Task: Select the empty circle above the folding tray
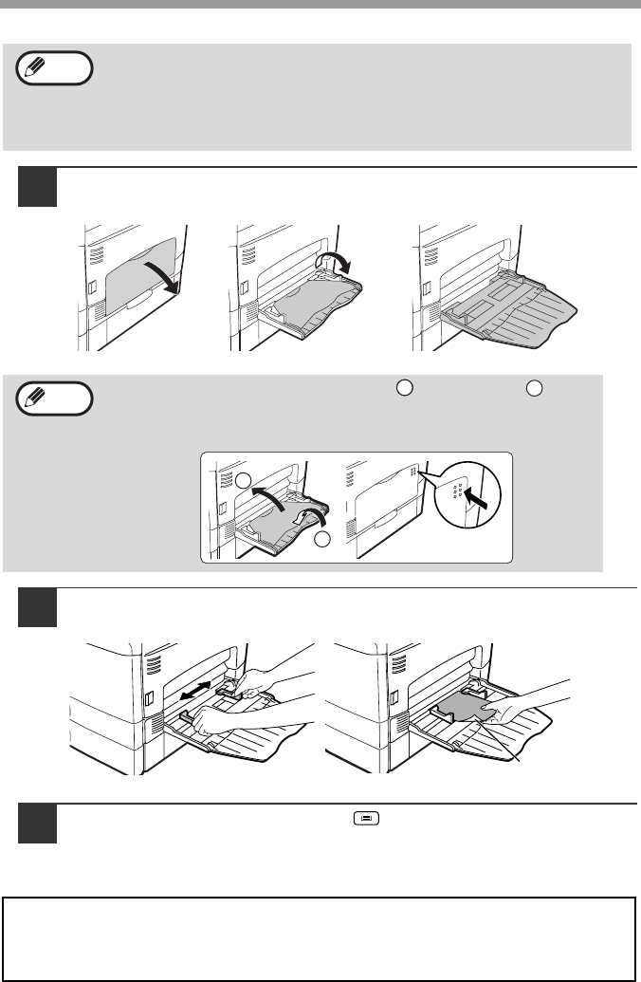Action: [x=243, y=480]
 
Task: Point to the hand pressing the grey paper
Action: [x=531, y=707]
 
